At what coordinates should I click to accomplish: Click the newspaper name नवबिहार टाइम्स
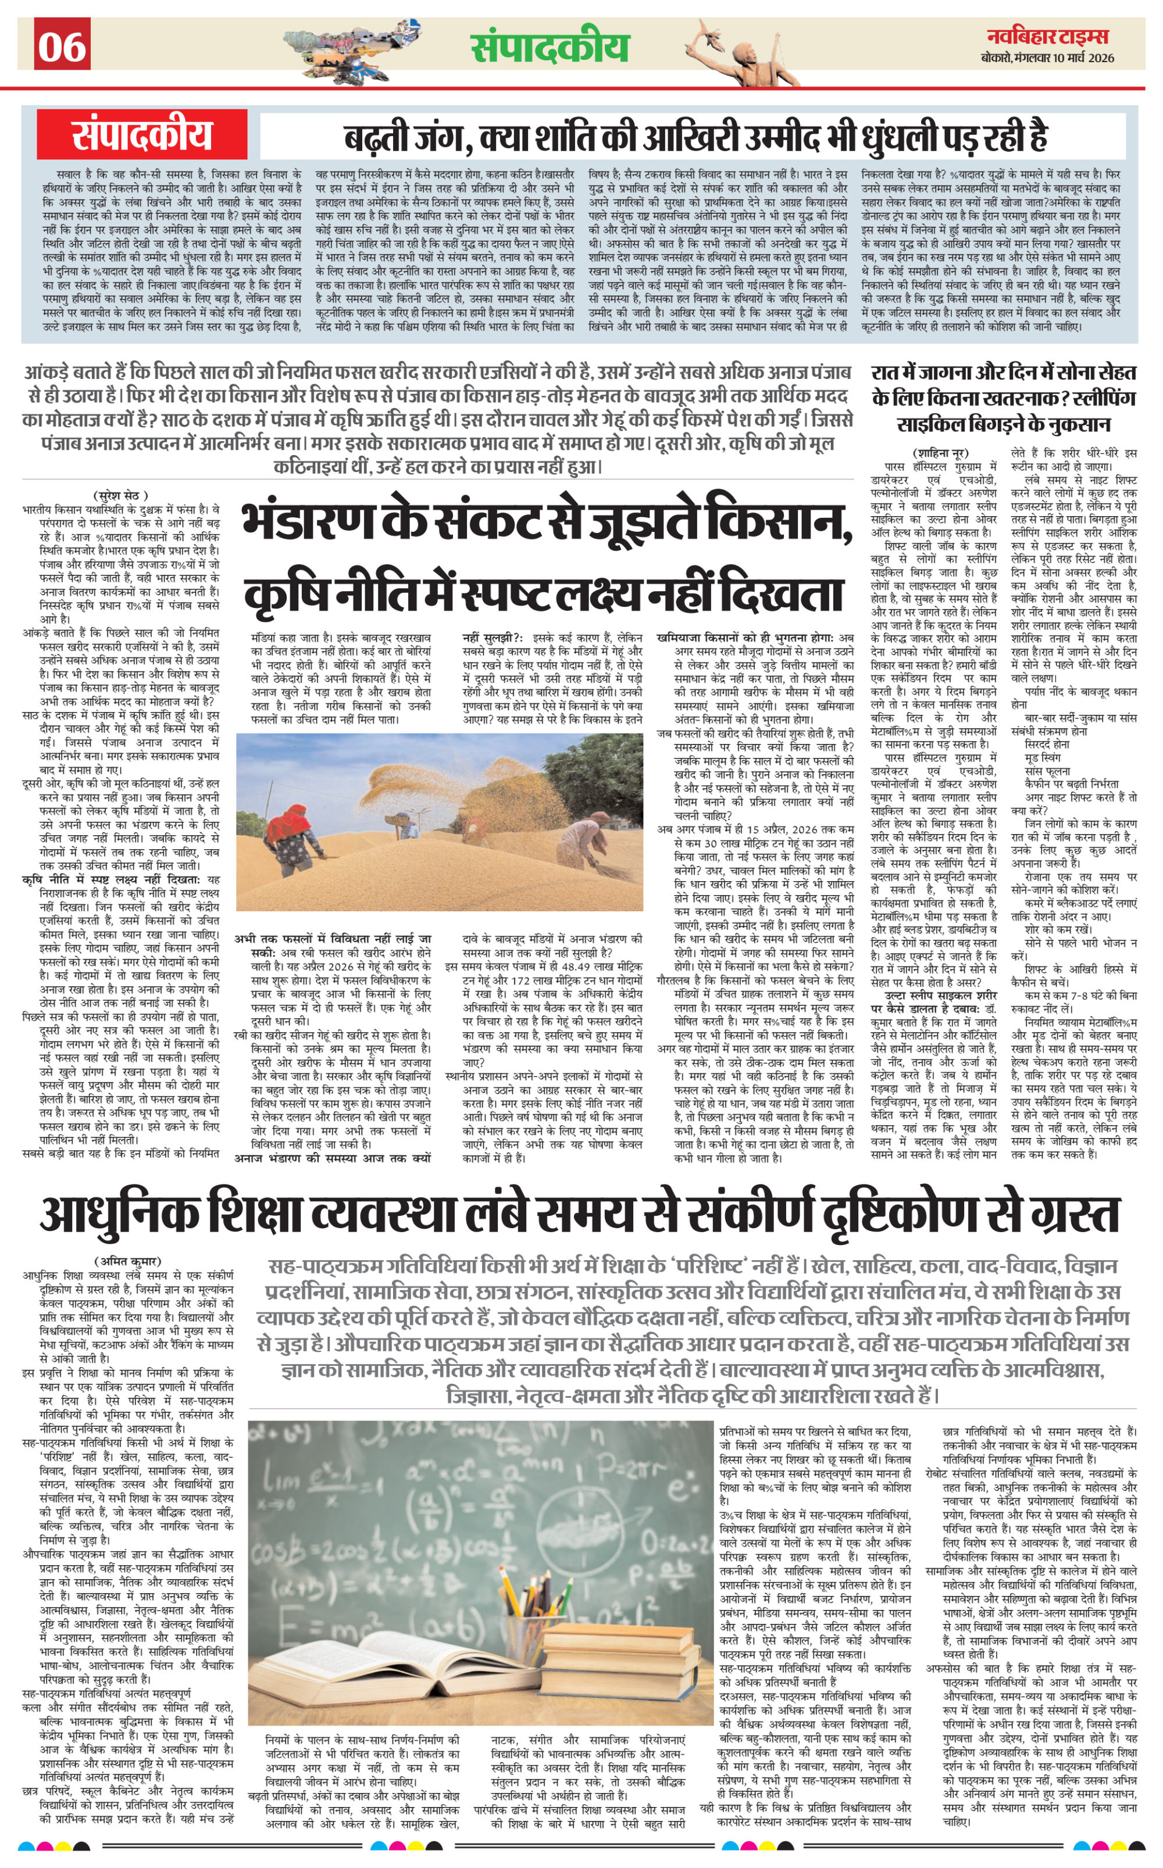click(1048, 36)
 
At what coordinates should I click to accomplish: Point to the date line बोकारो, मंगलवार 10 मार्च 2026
click(1048, 58)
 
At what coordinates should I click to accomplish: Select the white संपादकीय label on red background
click(142, 134)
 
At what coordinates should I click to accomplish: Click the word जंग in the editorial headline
click(438, 137)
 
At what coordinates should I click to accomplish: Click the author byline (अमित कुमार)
click(128, 1261)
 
